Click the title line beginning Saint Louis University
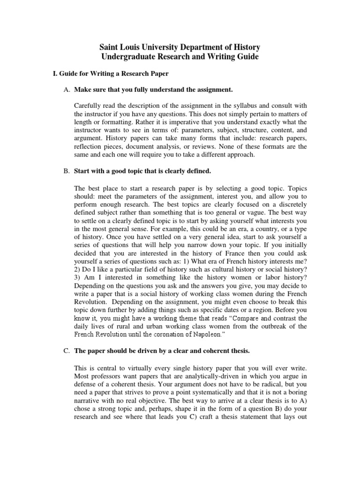click(180, 47)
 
